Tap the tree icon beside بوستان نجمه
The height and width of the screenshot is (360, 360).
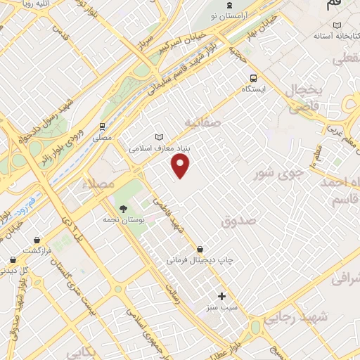(123, 209)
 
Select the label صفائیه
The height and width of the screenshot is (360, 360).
(202, 122)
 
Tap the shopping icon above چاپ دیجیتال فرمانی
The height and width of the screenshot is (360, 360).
(200, 249)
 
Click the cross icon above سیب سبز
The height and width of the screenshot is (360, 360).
(222, 296)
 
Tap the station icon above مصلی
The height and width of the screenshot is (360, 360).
(102, 127)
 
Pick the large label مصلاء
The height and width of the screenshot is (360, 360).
(85, 184)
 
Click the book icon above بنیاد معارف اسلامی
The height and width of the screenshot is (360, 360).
(159, 137)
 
